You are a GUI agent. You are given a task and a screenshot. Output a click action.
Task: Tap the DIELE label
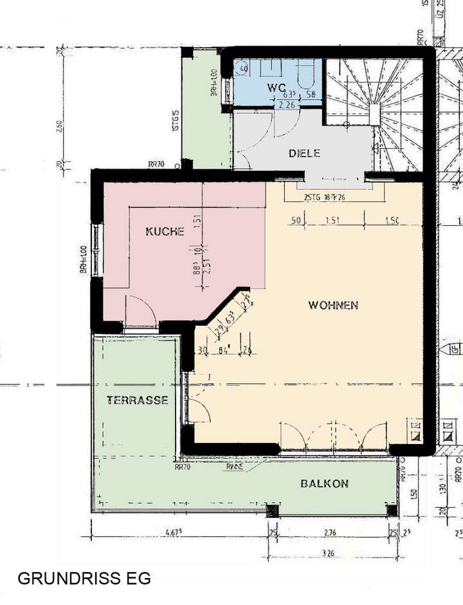click(x=304, y=154)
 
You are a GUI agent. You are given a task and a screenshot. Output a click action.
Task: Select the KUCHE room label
click(x=165, y=231)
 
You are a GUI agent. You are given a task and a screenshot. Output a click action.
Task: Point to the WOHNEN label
click(x=332, y=305)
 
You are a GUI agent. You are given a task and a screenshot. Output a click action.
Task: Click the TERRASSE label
click(x=137, y=400)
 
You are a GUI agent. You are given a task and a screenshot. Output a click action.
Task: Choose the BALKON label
click(x=324, y=483)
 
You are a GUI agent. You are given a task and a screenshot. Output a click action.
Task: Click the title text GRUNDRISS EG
click(x=84, y=579)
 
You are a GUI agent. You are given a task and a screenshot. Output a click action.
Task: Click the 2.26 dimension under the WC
click(x=285, y=105)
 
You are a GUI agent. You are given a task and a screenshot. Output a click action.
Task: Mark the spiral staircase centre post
click(x=374, y=115)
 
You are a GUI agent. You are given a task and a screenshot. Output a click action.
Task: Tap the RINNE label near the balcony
click(x=234, y=467)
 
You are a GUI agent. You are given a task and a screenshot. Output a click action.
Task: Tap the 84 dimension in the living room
click(x=224, y=350)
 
